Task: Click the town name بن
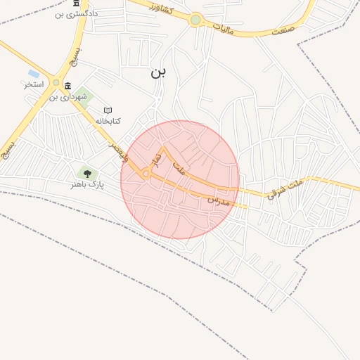(x=158, y=72)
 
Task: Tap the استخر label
(x=34, y=84)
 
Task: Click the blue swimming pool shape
(x=33, y=73)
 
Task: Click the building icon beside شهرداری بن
(x=67, y=86)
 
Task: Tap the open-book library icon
(x=108, y=110)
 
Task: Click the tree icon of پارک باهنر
(x=87, y=172)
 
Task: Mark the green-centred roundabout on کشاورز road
(x=195, y=20)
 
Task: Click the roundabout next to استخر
(x=56, y=82)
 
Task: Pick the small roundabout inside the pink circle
(x=146, y=173)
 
